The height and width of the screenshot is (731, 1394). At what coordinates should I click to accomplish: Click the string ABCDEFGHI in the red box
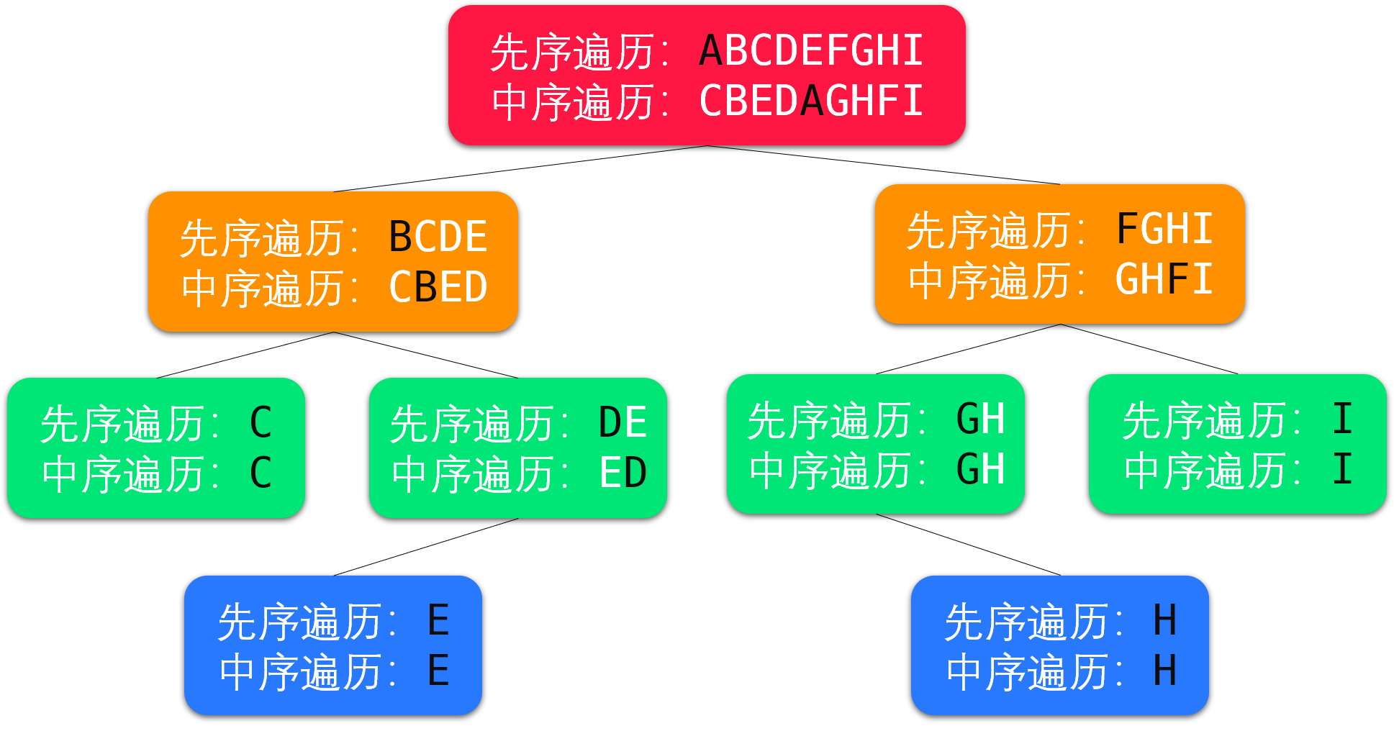(811, 51)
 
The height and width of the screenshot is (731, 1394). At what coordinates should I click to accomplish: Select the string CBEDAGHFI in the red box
(811, 101)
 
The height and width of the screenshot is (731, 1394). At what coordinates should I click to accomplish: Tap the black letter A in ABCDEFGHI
(710, 51)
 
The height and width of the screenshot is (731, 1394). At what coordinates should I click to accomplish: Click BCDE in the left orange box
(438, 237)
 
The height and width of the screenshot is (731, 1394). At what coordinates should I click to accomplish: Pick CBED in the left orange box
(438, 287)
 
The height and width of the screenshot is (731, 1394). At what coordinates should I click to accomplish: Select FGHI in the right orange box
(1164, 230)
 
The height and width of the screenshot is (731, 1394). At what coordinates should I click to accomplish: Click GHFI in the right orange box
(1164, 280)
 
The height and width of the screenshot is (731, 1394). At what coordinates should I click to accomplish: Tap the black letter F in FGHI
(1128, 230)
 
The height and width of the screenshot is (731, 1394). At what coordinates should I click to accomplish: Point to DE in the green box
(623, 422)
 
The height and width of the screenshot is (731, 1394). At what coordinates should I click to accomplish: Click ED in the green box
(623, 473)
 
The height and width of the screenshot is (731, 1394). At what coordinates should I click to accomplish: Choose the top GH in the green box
(980, 419)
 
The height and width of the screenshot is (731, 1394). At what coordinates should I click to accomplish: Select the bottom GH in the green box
(980, 469)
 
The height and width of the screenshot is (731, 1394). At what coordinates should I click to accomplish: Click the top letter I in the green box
(1342, 419)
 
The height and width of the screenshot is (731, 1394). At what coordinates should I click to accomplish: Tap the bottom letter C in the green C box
(261, 473)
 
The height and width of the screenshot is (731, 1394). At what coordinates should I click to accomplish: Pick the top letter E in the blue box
(438, 621)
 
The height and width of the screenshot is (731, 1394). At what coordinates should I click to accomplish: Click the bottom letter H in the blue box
(1165, 671)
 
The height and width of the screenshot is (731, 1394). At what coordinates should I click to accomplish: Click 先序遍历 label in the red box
(572, 53)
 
